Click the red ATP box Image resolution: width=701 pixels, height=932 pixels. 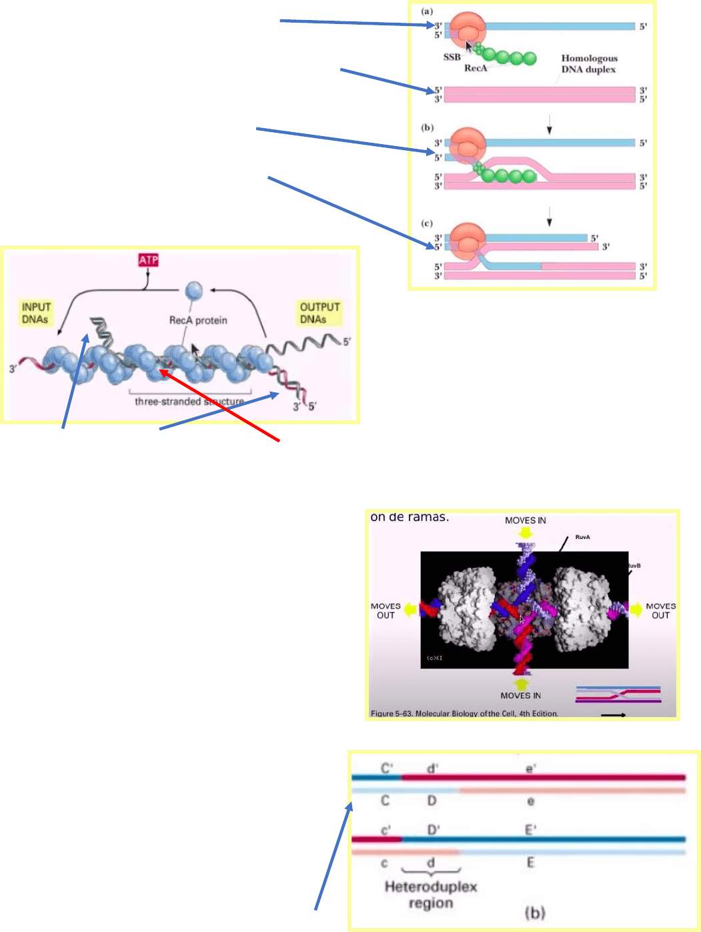coord(148,260)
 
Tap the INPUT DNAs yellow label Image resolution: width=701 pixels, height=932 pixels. coord(36,313)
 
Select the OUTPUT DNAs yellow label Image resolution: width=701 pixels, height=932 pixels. coord(319,313)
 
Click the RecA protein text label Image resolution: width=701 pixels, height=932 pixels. coord(198,320)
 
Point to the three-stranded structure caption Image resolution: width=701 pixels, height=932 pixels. coord(189,402)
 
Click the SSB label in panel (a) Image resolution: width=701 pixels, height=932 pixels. coord(452,57)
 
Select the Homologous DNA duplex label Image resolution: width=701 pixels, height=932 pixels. coord(589,64)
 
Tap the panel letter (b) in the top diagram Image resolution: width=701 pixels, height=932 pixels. coord(428,127)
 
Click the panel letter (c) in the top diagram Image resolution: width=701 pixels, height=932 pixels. coord(428,223)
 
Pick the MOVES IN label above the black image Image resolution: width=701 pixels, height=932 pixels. coord(525,520)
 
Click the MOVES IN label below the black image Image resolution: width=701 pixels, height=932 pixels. coord(520,695)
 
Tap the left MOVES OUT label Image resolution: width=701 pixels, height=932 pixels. coord(386,610)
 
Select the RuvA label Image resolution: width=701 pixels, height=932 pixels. coord(582,537)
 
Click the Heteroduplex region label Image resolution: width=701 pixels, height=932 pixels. coord(431,895)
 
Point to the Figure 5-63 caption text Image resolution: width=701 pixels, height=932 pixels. coord(464,713)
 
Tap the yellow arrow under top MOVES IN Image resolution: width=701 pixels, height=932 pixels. coord(525,532)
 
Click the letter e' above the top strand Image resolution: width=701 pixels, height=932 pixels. coord(531,769)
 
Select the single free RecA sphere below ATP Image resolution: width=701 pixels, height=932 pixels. coord(193,291)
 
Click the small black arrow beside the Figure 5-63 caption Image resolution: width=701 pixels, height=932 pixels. coord(613,715)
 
